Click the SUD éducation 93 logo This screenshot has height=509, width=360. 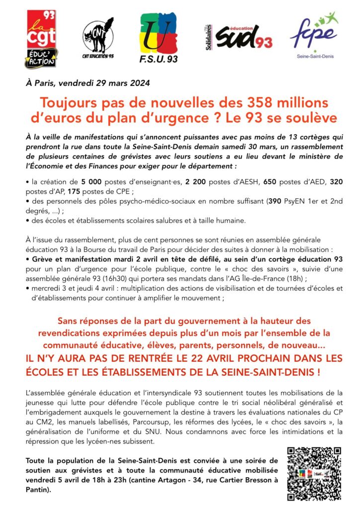(x=239, y=37)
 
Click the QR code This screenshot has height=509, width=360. (x=314, y=473)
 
